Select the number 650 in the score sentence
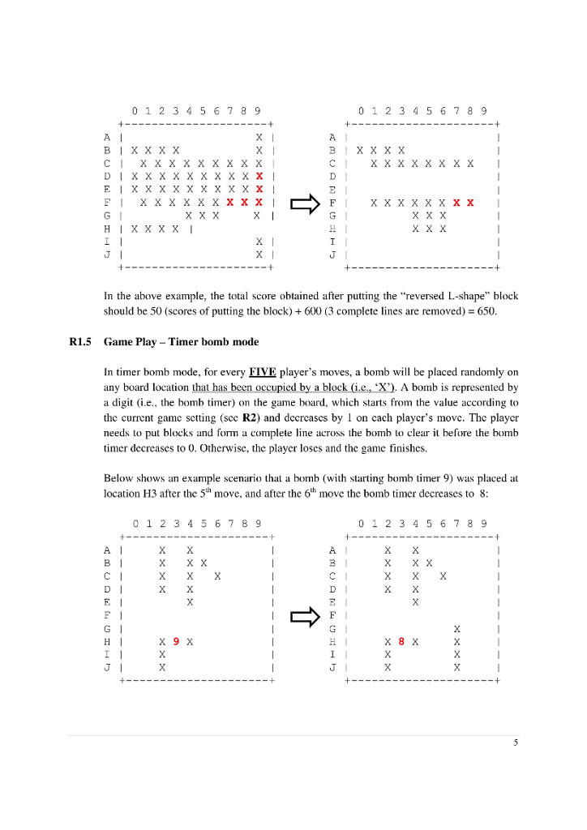click(x=508, y=310)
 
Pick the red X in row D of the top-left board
click(x=259, y=176)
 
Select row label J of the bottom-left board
click(x=107, y=667)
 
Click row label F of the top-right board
click(x=332, y=203)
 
